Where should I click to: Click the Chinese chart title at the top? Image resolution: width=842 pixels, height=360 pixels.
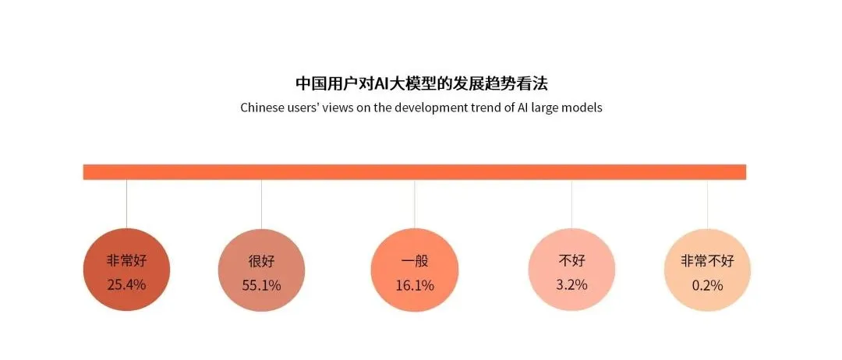point(421,83)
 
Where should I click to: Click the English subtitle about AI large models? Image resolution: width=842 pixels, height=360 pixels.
point(421,108)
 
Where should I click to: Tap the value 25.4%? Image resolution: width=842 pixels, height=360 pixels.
point(126,284)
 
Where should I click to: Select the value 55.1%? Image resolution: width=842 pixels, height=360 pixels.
point(261,285)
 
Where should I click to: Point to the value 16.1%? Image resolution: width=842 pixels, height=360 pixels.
point(414,285)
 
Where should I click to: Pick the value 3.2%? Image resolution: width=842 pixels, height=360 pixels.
point(571,284)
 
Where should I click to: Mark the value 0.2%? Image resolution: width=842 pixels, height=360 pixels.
point(707,285)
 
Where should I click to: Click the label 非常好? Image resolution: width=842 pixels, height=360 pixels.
point(126,260)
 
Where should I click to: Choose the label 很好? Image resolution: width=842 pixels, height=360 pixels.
point(261,261)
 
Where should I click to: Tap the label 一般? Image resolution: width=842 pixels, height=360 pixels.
point(414,261)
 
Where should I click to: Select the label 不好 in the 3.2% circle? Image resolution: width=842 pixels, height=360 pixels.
point(571,260)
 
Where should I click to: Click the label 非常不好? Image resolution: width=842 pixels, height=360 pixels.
point(707,261)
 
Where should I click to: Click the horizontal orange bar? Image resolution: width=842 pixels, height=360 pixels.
point(414,172)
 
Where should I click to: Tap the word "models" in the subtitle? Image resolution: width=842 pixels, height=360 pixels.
point(582,108)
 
